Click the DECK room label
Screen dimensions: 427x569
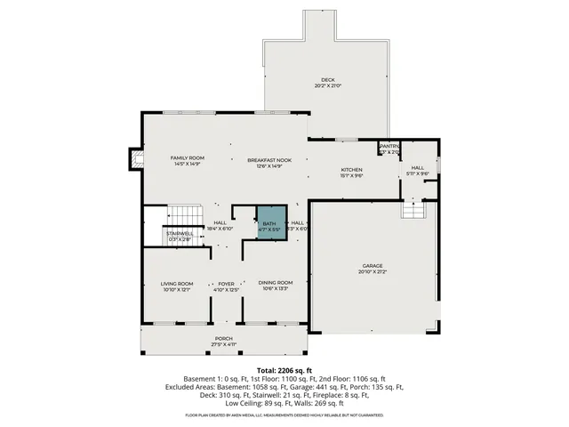pyautogui.click(x=329, y=80)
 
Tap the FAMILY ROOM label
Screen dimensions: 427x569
pyautogui.click(x=188, y=157)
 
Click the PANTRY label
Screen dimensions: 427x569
pyautogui.click(x=389, y=147)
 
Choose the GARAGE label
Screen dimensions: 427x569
pyautogui.click(x=373, y=265)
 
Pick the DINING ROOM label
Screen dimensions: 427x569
pyautogui.click(x=276, y=283)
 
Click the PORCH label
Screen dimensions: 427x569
pyautogui.click(x=223, y=338)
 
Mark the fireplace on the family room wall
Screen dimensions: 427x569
pyautogui.click(x=136, y=159)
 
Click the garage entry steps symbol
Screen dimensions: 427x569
pyautogui.click(x=413, y=210)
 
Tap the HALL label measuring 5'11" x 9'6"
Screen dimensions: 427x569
pyautogui.click(x=418, y=168)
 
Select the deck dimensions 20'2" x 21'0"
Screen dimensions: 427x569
pyautogui.click(x=329, y=86)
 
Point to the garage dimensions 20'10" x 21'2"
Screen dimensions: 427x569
pyautogui.click(x=373, y=271)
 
